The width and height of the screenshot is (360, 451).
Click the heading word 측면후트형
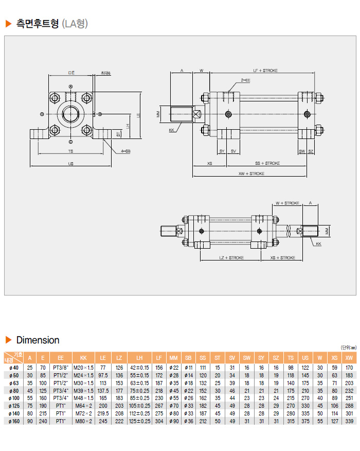(38, 23)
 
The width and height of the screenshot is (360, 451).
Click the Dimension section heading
(38, 340)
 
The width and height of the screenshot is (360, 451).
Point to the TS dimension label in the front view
(70, 151)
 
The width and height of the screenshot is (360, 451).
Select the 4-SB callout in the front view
(125, 151)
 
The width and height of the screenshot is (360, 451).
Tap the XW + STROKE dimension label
(251, 174)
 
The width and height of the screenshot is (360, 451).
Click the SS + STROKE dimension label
(267, 163)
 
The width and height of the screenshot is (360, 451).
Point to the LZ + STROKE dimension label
(231, 257)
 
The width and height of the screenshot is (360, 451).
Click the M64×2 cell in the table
(83, 406)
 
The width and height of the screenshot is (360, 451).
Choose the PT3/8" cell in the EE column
(61, 368)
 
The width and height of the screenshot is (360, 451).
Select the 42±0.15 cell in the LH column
(139, 368)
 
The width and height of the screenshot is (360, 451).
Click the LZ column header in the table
(119, 357)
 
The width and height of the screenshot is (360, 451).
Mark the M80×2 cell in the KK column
(83, 421)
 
